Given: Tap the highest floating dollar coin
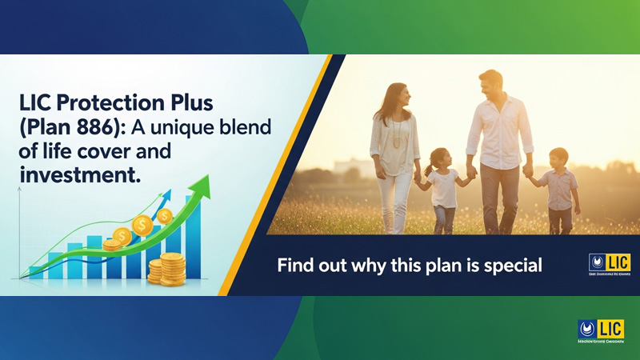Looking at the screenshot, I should coord(165,216).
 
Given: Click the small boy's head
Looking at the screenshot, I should coord(558,158).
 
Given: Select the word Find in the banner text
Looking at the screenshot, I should coord(293,266).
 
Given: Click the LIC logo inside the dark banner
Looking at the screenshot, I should coord(609,264).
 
